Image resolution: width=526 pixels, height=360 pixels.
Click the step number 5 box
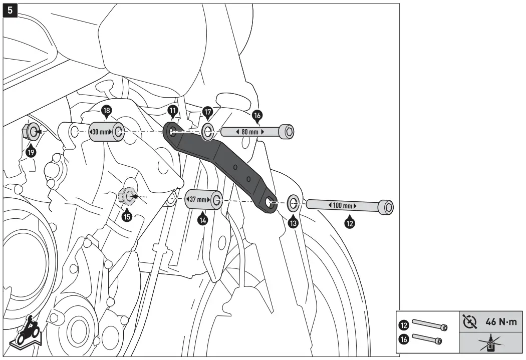tap(11, 10)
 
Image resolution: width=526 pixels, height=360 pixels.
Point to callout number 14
tap(202, 219)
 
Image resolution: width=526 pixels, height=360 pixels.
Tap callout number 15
tap(127, 216)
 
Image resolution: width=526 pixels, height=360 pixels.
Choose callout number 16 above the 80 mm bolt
tap(257, 116)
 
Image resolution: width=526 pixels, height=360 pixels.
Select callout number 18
tap(106, 111)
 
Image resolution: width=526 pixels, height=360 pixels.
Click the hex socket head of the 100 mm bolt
tap(387, 206)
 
